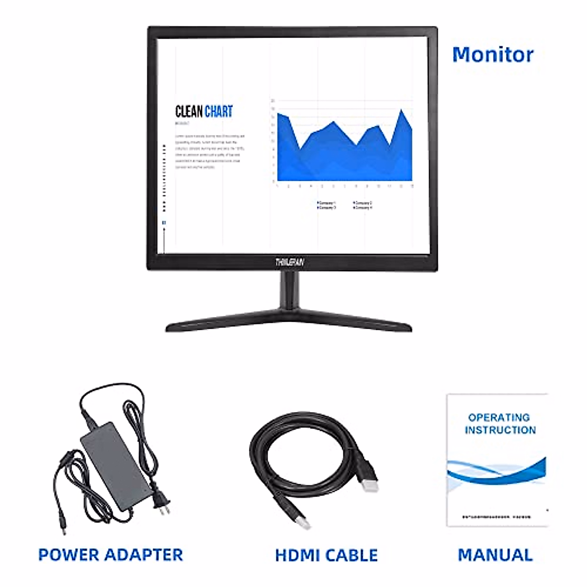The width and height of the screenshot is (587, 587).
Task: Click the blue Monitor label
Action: (493, 54)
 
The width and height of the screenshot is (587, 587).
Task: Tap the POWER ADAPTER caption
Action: (111, 555)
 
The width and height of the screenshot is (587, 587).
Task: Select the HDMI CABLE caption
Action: (326, 555)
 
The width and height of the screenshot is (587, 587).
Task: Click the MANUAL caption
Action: (495, 555)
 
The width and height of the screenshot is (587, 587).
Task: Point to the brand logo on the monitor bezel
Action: (290, 263)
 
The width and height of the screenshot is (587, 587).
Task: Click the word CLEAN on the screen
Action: (189, 112)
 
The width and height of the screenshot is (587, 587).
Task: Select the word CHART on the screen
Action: (219, 112)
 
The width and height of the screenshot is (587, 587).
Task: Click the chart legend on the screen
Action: (344, 205)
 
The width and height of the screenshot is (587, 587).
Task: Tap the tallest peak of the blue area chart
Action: (402, 111)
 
